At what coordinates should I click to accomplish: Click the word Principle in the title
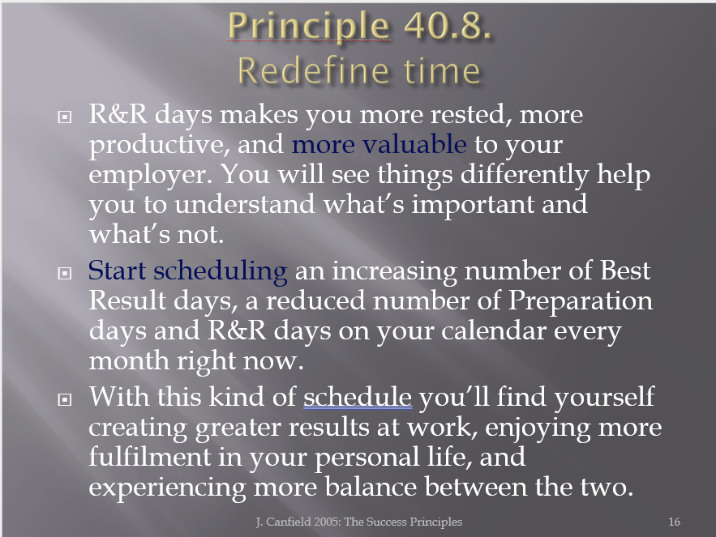[309, 27]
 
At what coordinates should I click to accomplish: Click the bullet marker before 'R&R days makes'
[65, 117]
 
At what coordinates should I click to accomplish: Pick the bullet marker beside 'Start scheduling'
[65, 273]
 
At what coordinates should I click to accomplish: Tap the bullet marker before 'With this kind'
[65, 399]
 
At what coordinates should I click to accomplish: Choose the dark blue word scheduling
[220, 272]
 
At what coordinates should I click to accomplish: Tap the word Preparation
[581, 302]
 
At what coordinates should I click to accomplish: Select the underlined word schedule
[358, 396]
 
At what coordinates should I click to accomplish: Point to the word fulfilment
[149, 456]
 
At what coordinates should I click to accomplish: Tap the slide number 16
[674, 522]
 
